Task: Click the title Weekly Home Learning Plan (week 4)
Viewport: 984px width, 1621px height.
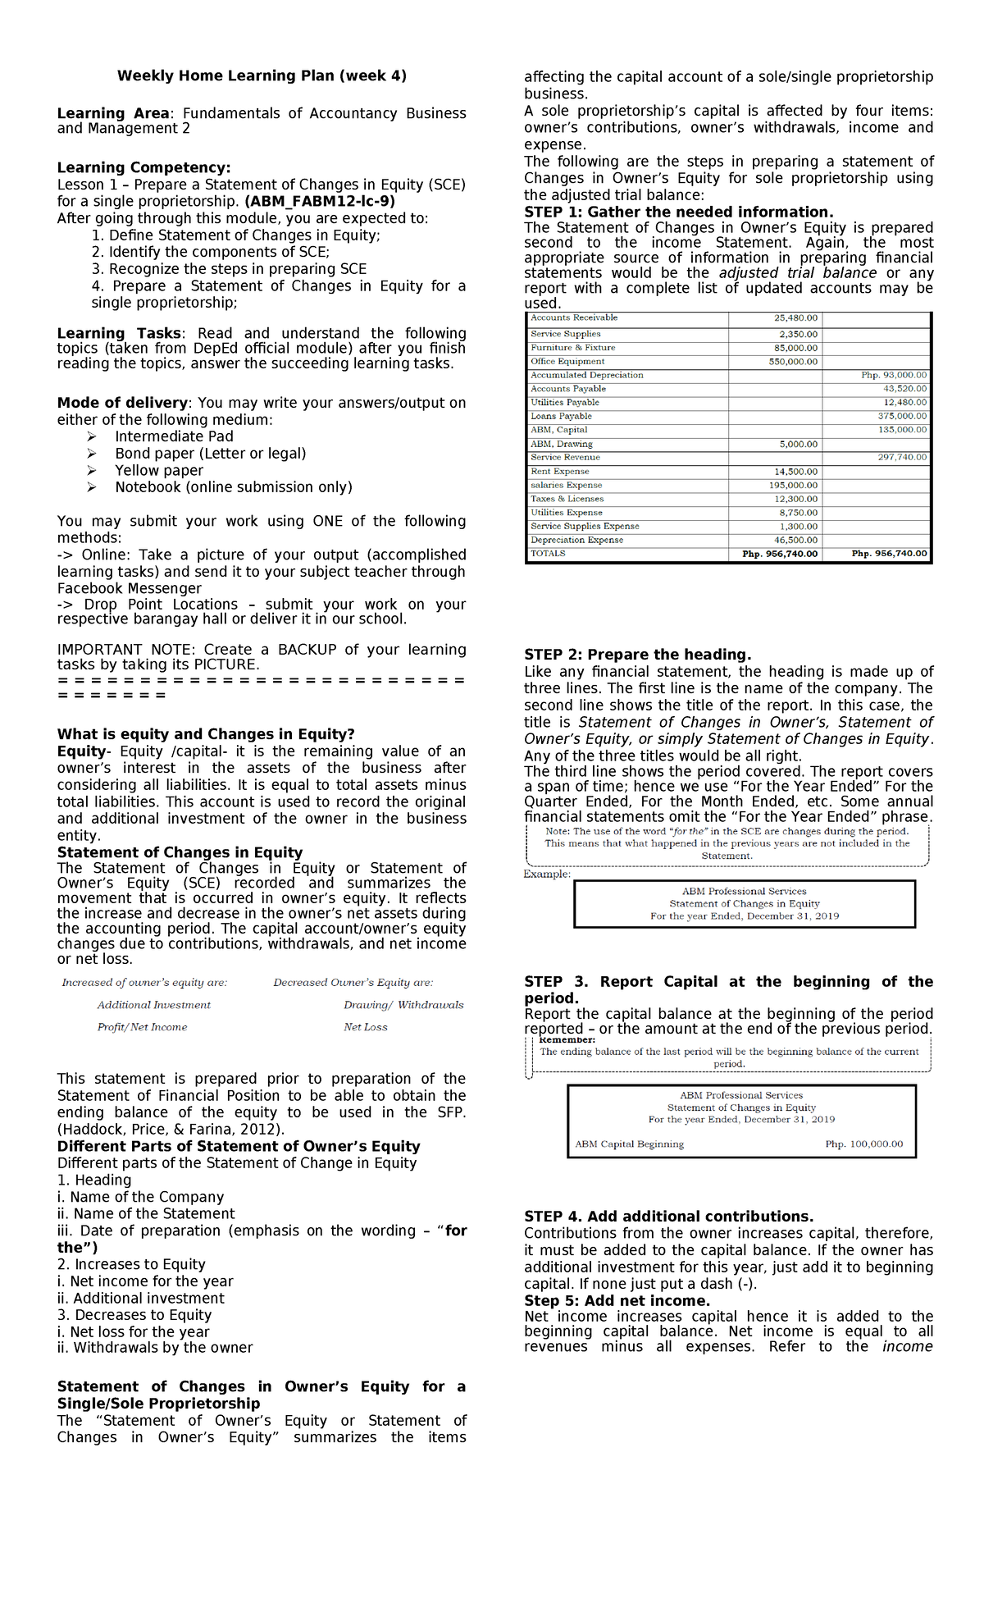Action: (262, 76)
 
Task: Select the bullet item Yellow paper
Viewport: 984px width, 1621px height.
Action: (159, 471)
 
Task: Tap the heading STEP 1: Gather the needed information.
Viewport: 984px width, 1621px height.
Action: (678, 212)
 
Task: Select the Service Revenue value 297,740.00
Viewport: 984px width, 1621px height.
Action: (902, 458)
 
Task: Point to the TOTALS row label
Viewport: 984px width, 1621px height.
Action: (548, 554)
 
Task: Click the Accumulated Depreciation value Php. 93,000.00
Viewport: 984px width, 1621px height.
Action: (894, 376)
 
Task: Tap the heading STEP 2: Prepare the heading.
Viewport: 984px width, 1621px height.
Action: (637, 655)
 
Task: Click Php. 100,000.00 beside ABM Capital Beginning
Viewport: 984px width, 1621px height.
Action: (863, 1144)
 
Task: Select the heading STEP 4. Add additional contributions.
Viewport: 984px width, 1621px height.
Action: (668, 1217)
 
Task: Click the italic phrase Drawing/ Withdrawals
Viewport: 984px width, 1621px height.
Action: (403, 1005)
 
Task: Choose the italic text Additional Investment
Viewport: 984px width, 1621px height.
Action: (153, 1005)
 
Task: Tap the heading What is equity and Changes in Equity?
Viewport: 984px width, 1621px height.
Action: (206, 734)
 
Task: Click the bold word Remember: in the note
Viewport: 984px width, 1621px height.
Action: (567, 1040)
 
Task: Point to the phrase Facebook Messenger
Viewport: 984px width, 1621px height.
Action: (129, 589)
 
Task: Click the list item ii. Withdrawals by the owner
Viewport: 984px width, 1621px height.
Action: (155, 1348)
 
